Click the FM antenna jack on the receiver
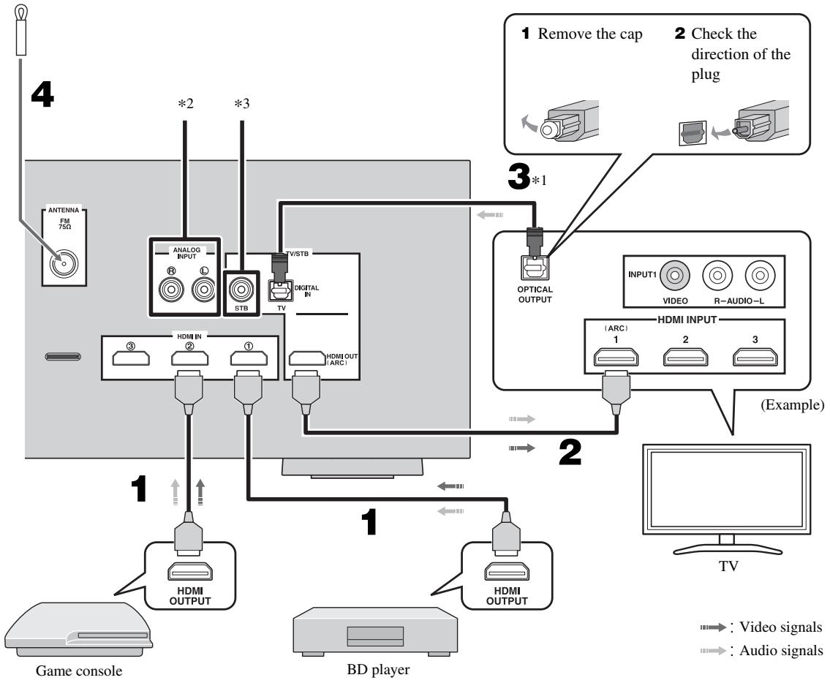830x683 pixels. (64, 263)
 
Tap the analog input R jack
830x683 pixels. (172, 290)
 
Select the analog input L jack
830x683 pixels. (203, 290)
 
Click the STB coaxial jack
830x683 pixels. (241, 290)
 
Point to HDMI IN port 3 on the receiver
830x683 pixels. (131, 358)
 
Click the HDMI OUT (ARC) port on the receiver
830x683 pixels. (307, 358)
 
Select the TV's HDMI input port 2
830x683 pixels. (685, 357)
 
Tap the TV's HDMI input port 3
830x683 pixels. (755, 357)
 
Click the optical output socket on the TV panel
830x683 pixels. (534, 268)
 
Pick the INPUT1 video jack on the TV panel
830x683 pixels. (674, 275)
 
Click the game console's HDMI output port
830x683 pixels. (190, 572)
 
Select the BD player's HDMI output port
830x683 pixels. (507, 572)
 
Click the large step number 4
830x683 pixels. (42, 95)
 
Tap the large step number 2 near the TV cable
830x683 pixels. (570, 452)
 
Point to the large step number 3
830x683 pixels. (518, 176)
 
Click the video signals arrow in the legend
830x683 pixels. (713, 627)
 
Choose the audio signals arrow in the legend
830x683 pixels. (713, 651)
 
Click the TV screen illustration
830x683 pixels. (726, 489)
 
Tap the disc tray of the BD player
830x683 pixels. (374, 636)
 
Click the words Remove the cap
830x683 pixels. (589, 34)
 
